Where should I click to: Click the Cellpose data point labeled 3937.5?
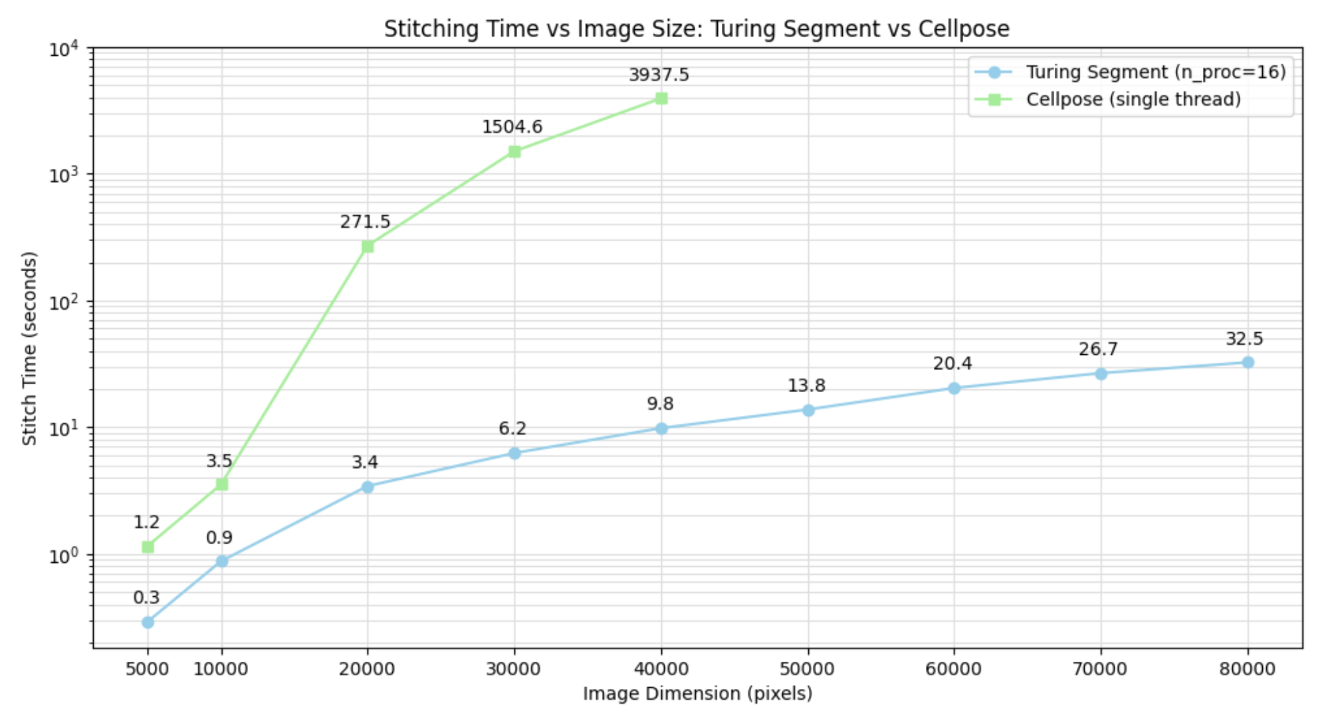[x=661, y=98]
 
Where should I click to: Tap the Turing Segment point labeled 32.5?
[x=1248, y=362]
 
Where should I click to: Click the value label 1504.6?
[x=512, y=127]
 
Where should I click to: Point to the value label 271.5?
[x=365, y=222]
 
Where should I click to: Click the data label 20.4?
[x=952, y=363]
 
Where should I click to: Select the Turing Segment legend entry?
[x=1155, y=72]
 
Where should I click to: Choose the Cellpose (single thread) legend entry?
[x=1133, y=100]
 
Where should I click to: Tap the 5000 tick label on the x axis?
[x=147, y=668]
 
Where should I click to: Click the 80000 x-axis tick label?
[x=1247, y=668]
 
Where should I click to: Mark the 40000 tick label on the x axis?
[x=661, y=668]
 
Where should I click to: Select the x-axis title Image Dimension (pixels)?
[x=697, y=694]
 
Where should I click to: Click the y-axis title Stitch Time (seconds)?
[x=29, y=348]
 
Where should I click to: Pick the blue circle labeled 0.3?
[x=148, y=622]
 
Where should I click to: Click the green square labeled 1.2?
[x=148, y=547]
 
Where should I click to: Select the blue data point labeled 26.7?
[x=1101, y=373]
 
